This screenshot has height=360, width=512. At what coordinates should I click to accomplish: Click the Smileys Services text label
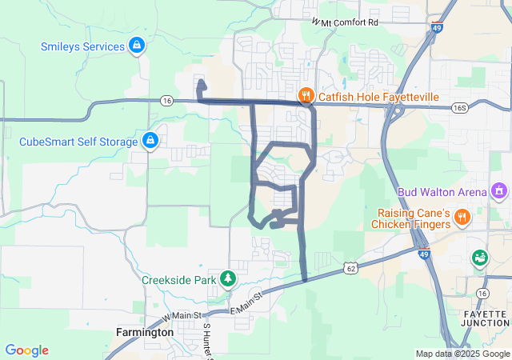[x=82, y=46]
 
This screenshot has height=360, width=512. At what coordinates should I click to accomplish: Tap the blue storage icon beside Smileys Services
[x=138, y=46]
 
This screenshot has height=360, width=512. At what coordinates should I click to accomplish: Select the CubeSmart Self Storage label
[x=78, y=142]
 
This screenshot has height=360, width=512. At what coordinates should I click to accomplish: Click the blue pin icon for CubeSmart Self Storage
[x=150, y=142]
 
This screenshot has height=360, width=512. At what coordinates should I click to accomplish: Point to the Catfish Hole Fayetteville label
[x=378, y=97]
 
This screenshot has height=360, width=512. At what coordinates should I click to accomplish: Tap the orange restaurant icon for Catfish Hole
[x=306, y=97]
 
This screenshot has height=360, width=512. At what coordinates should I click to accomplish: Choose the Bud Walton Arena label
[x=442, y=192]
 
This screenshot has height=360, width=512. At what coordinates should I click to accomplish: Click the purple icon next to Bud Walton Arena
[x=499, y=191]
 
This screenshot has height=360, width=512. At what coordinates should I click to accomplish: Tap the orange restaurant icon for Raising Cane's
[x=462, y=217]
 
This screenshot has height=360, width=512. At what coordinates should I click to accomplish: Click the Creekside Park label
[x=179, y=281]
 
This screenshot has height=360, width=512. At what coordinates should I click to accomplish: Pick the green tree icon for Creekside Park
[x=229, y=278]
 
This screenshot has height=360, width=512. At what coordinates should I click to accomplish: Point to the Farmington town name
[x=145, y=332]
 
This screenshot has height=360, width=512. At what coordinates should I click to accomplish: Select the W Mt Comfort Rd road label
[x=345, y=22]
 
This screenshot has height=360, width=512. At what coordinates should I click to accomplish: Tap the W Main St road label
[x=182, y=318]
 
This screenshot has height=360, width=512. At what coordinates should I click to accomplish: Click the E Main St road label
[x=246, y=304]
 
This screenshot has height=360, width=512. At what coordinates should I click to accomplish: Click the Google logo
[x=27, y=350]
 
